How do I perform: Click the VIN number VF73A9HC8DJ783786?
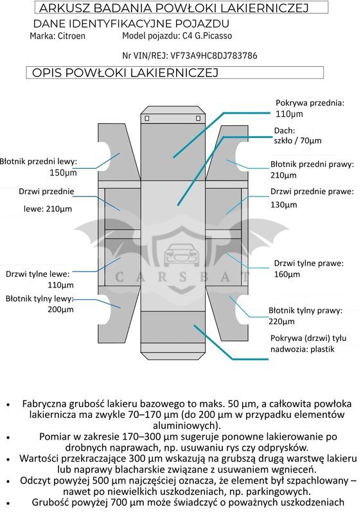point(214,56)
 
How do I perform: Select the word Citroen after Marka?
point(71,36)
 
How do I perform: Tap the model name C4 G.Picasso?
point(207,36)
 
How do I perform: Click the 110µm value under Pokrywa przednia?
point(289,114)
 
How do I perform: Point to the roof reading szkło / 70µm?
point(298,141)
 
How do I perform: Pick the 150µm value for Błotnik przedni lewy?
point(63,173)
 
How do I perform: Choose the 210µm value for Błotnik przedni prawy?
point(283,175)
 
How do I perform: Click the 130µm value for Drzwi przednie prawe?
point(284,205)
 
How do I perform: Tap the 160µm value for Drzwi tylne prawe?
point(287,274)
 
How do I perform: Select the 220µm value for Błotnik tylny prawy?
point(281,321)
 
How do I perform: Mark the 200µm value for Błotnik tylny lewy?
point(60,309)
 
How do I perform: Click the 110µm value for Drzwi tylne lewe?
point(60,285)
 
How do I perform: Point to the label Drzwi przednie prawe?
point(312,191)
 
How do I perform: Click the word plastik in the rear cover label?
point(323,349)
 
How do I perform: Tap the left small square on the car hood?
point(147,118)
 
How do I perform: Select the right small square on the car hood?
point(198,118)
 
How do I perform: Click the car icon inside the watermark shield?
point(181,254)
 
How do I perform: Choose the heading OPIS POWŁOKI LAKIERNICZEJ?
point(125,73)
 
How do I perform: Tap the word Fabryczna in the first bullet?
point(44,404)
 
